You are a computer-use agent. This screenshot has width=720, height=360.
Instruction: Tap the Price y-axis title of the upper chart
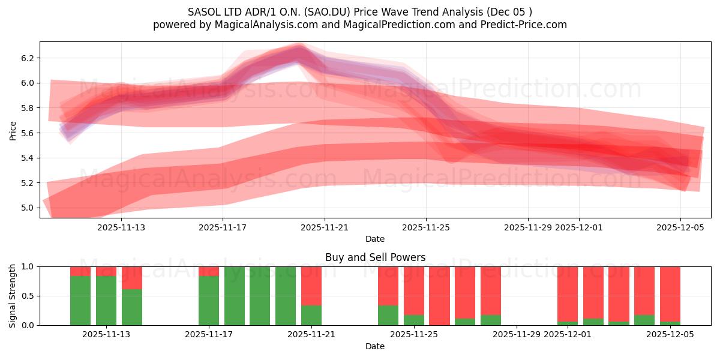(x=13, y=130)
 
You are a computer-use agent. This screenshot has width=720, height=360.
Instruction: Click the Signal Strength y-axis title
(x=13, y=296)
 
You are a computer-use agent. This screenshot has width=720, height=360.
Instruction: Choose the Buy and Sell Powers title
(x=375, y=257)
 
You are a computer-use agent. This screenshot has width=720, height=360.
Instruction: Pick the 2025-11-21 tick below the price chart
(x=325, y=227)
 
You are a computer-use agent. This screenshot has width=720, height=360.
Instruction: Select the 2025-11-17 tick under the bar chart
(x=209, y=335)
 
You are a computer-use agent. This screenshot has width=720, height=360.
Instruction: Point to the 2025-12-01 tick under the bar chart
(x=567, y=335)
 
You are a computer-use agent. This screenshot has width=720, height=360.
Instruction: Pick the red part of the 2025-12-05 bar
(x=670, y=294)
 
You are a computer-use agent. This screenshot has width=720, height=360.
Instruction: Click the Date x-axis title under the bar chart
(x=375, y=346)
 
